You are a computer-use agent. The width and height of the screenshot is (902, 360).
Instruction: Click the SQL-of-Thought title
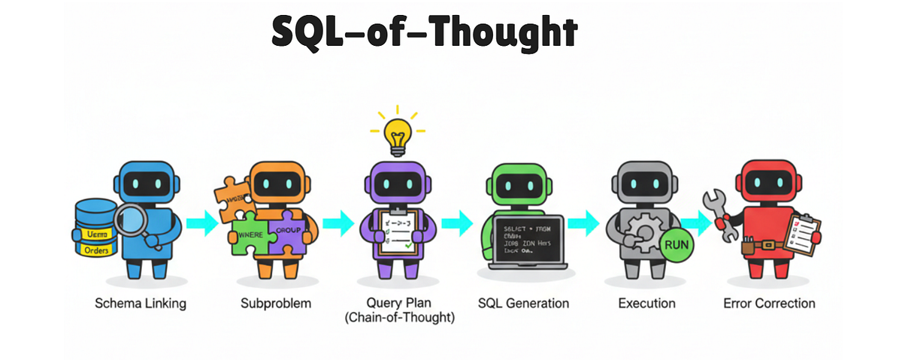pos(424,33)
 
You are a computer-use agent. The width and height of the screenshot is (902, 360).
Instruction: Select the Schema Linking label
pos(141,304)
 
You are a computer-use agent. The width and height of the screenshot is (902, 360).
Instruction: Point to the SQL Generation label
pos(523,304)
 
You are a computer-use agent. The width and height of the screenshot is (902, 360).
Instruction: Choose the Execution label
pos(646,304)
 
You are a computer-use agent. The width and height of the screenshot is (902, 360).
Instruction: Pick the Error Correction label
pos(769,304)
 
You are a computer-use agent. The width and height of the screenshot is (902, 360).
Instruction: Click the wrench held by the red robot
pos(718,213)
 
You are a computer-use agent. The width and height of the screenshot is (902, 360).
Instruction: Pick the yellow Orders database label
pos(95,250)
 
